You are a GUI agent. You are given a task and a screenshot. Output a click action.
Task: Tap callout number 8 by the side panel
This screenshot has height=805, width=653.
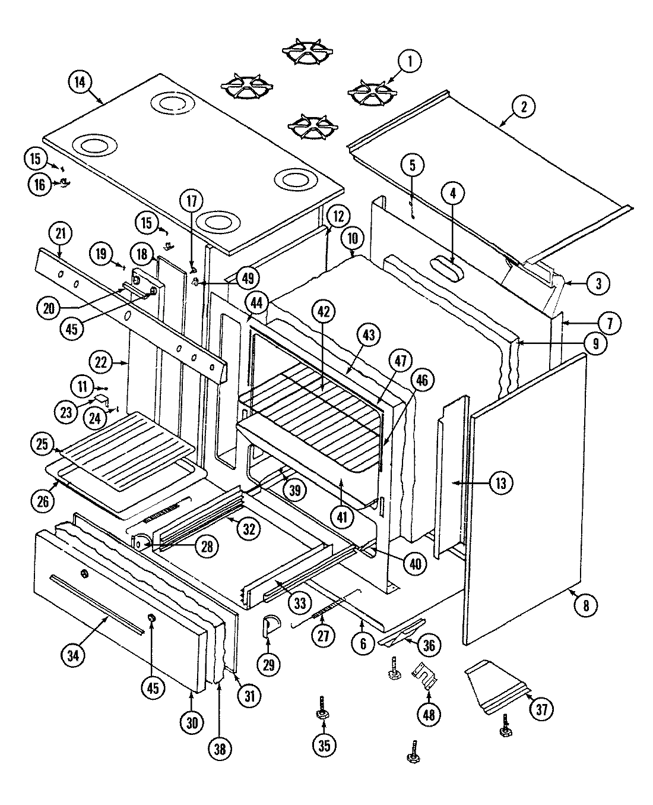click(587, 605)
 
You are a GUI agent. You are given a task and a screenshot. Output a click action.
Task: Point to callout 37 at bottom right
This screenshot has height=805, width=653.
click(541, 708)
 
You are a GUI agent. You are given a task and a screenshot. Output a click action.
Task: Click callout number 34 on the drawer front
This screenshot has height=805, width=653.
click(73, 655)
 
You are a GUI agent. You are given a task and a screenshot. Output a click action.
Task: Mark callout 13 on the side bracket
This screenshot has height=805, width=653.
click(501, 483)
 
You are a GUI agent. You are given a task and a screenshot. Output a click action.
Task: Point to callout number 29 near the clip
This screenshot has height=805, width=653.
click(270, 664)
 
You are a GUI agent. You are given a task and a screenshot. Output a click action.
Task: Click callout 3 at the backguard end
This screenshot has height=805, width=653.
click(598, 283)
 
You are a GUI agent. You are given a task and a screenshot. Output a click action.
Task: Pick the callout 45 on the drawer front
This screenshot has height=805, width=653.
click(153, 687)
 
